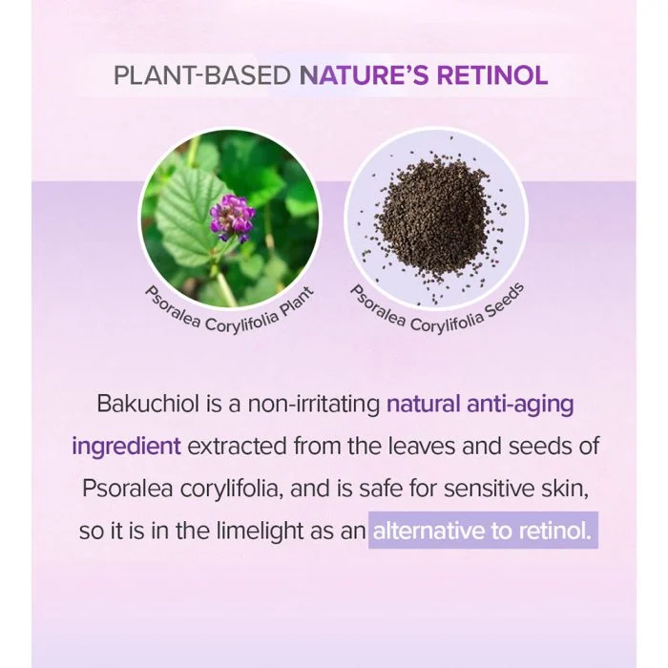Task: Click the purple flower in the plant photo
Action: (232, 217)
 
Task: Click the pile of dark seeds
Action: (434, 218)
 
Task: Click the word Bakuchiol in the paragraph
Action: (148, 404)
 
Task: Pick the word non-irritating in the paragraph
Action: (314, 405)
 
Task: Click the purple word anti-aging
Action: (520, 405)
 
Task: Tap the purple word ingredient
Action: (127, 447)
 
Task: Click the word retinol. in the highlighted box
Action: (555, 532)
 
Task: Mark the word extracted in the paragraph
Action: (237, 446)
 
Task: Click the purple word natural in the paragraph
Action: (424, 404)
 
